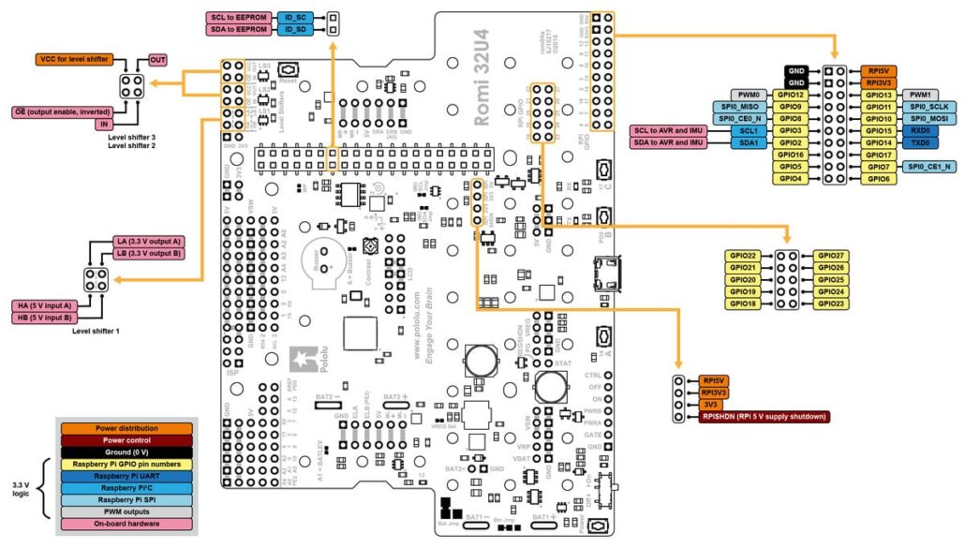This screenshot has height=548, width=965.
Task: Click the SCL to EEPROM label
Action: pos(240,17)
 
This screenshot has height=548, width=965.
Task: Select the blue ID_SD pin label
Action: pos(294,30)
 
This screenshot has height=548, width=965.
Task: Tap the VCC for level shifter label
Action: pos(74,60)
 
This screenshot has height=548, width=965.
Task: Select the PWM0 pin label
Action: pos(748,95)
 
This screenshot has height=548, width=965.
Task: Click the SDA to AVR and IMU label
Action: pos(666,142)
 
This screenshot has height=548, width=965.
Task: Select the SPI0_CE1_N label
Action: pos(928,167)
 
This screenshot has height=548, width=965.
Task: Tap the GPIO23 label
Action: pos(831,304)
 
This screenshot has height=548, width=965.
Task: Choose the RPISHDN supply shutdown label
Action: pos(765,417)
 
